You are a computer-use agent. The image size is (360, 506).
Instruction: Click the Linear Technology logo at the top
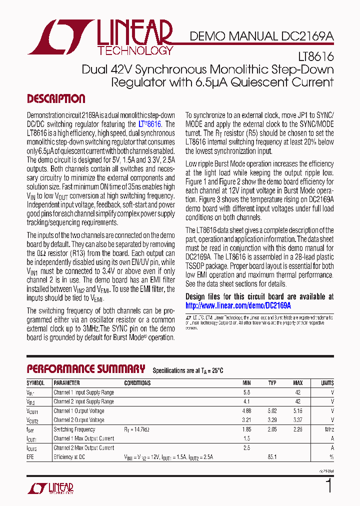(100, 37)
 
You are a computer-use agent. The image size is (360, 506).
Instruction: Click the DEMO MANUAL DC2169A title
(261, 36)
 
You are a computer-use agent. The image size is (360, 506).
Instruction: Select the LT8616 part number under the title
(317, 58)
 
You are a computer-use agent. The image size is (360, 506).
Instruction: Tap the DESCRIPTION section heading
(55, 98)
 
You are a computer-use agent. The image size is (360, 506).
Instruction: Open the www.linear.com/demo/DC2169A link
(238, 305)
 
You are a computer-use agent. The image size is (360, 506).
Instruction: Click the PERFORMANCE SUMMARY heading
(85, 369)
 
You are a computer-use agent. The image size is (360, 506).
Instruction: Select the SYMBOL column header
(35, 383)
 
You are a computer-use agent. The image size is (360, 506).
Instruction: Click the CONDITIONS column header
(137, 383)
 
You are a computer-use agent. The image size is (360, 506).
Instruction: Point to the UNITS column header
(327, 383)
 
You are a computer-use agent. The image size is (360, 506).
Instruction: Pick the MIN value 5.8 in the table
(246, 392)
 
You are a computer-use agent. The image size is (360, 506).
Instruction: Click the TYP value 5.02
(272, 411)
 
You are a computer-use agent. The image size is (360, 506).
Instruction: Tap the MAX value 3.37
(298, 420)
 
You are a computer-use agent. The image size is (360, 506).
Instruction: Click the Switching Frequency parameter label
(74, 429)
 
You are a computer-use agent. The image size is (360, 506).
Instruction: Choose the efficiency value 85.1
(272, 457)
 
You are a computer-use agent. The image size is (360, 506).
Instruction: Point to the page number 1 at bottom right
(328, 486)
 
